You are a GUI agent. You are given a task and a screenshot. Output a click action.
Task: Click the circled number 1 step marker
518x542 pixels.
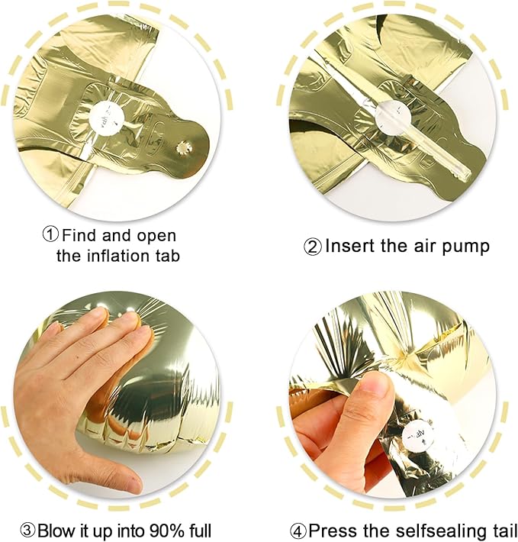coord(51,235)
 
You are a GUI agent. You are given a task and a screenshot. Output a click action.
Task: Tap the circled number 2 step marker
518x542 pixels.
coord(313,247)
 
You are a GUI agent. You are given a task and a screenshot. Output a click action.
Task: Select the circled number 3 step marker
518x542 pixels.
coord(27,531)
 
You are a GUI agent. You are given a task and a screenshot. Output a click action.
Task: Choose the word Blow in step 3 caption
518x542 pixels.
coord(55,531)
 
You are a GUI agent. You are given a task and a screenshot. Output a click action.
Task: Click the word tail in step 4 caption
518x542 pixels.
coord(496,531)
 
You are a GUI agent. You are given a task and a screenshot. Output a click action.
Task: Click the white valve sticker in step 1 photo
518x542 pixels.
coord(108,117)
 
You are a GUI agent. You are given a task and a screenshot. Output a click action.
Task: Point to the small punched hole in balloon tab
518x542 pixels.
coord(182,149)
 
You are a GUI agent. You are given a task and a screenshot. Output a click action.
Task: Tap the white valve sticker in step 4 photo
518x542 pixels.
coord(420,436)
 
